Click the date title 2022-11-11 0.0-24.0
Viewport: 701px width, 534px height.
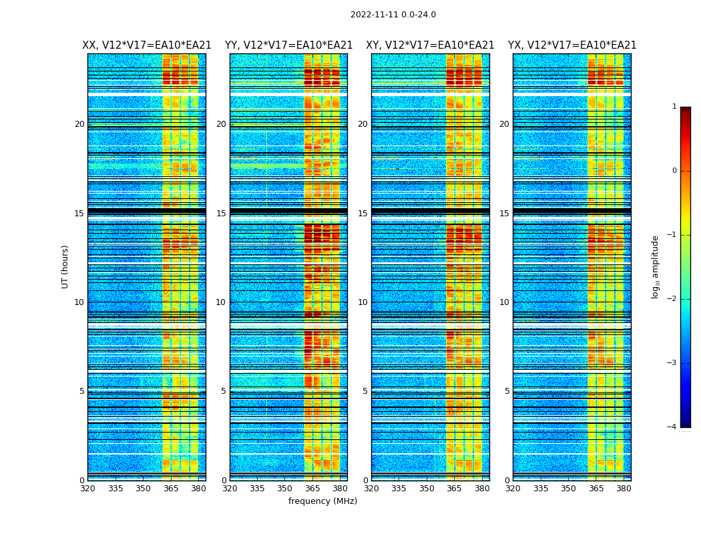pyautogui.click(x=393, y=15)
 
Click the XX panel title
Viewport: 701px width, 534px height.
pyautogui.click(x=147, y=45)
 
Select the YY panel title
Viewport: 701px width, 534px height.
pyautogui.click(x=288, y=45)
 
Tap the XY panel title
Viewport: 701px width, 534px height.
pyautogui.click(x=430, y=45)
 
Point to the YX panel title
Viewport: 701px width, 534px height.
pyautogui.click(x=572, y=45)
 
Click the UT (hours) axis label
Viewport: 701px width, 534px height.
pyautogui.click(x=65, y=266)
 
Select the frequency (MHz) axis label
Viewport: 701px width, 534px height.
pyautogui.click(x=322, y=501)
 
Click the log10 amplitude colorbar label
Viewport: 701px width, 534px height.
pyautogui.click(x=656, y=266)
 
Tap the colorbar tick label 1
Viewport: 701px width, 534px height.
pyautogui.click(x=674, y=107)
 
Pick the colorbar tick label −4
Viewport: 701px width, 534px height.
pyautogui.click(x=672, y=427)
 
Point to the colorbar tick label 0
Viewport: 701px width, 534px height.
pyautogui.click(x=674, y=171)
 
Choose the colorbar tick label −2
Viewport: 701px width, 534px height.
pyautogui.click(x=672, y=299)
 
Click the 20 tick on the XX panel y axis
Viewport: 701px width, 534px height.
pyautogui.click(x=79, y=124)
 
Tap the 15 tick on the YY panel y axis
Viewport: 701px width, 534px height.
pyautogui.click(x=221, y=214)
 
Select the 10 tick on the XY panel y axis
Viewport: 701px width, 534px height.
pyautogui.click(x=363, y=302)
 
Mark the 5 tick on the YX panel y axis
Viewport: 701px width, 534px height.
pyautogui.click(x=507, y=391)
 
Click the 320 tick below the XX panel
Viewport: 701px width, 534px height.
pyautogui.click(x=87, y=489)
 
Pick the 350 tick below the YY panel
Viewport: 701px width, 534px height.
pyautogui.click(x=285, y=489)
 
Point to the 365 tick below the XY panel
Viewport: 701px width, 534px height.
pyautogui.click(x=455, y=489)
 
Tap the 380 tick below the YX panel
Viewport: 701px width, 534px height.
pyautogui.click(x=624, y=489)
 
